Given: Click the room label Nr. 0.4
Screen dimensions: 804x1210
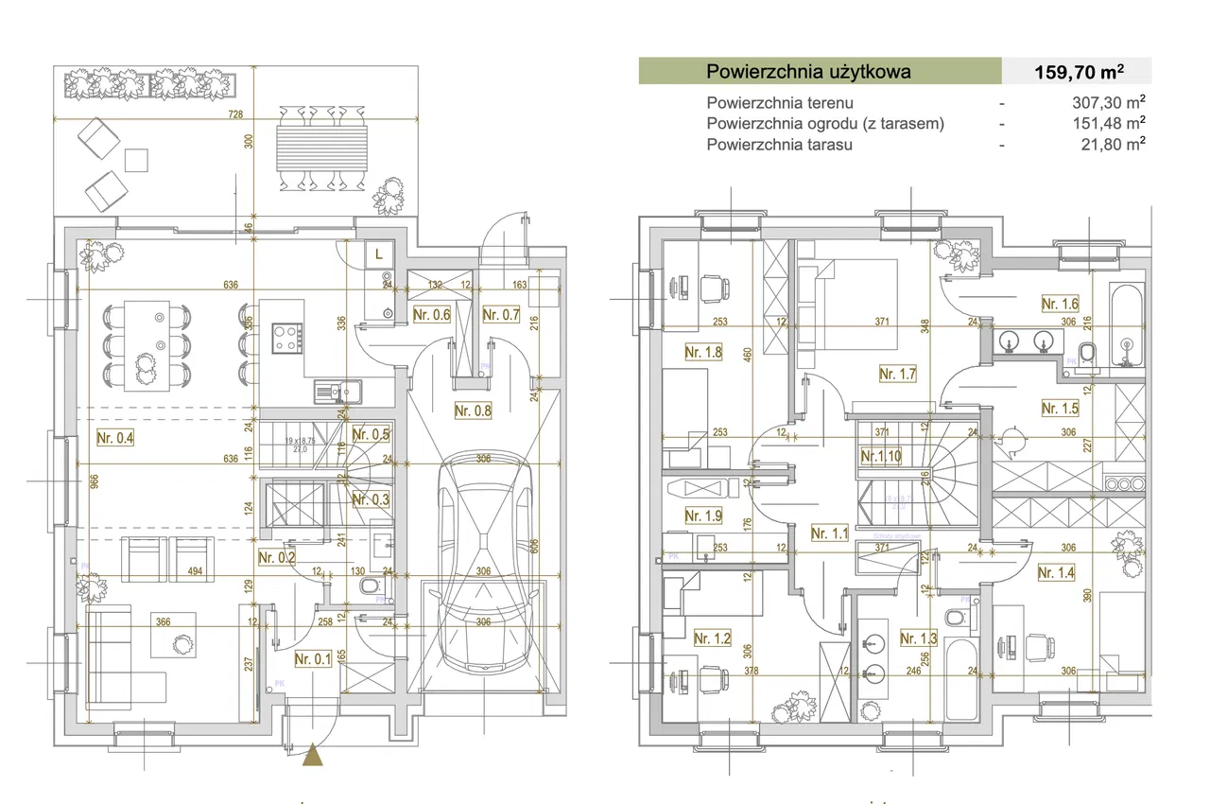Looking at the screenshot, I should (115, 437).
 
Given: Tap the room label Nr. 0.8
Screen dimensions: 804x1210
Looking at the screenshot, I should (473, 411).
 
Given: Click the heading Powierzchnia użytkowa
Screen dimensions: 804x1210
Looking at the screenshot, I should (809, 71).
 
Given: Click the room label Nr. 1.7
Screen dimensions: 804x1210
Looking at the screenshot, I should (897, 374).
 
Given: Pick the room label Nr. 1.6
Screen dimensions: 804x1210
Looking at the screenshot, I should (1060, 304).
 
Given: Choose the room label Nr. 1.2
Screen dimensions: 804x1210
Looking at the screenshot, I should (712, 638).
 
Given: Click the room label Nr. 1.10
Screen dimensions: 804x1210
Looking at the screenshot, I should (881, 456).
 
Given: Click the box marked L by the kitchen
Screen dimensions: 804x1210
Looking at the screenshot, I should (379, 254).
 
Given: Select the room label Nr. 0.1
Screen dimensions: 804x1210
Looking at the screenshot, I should (313, 659).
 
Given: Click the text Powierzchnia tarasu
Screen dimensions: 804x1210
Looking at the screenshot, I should (779, 145).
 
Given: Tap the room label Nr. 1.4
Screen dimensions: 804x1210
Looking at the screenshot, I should (1056, 572).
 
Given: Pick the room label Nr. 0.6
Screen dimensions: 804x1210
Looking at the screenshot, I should (432, 315).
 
